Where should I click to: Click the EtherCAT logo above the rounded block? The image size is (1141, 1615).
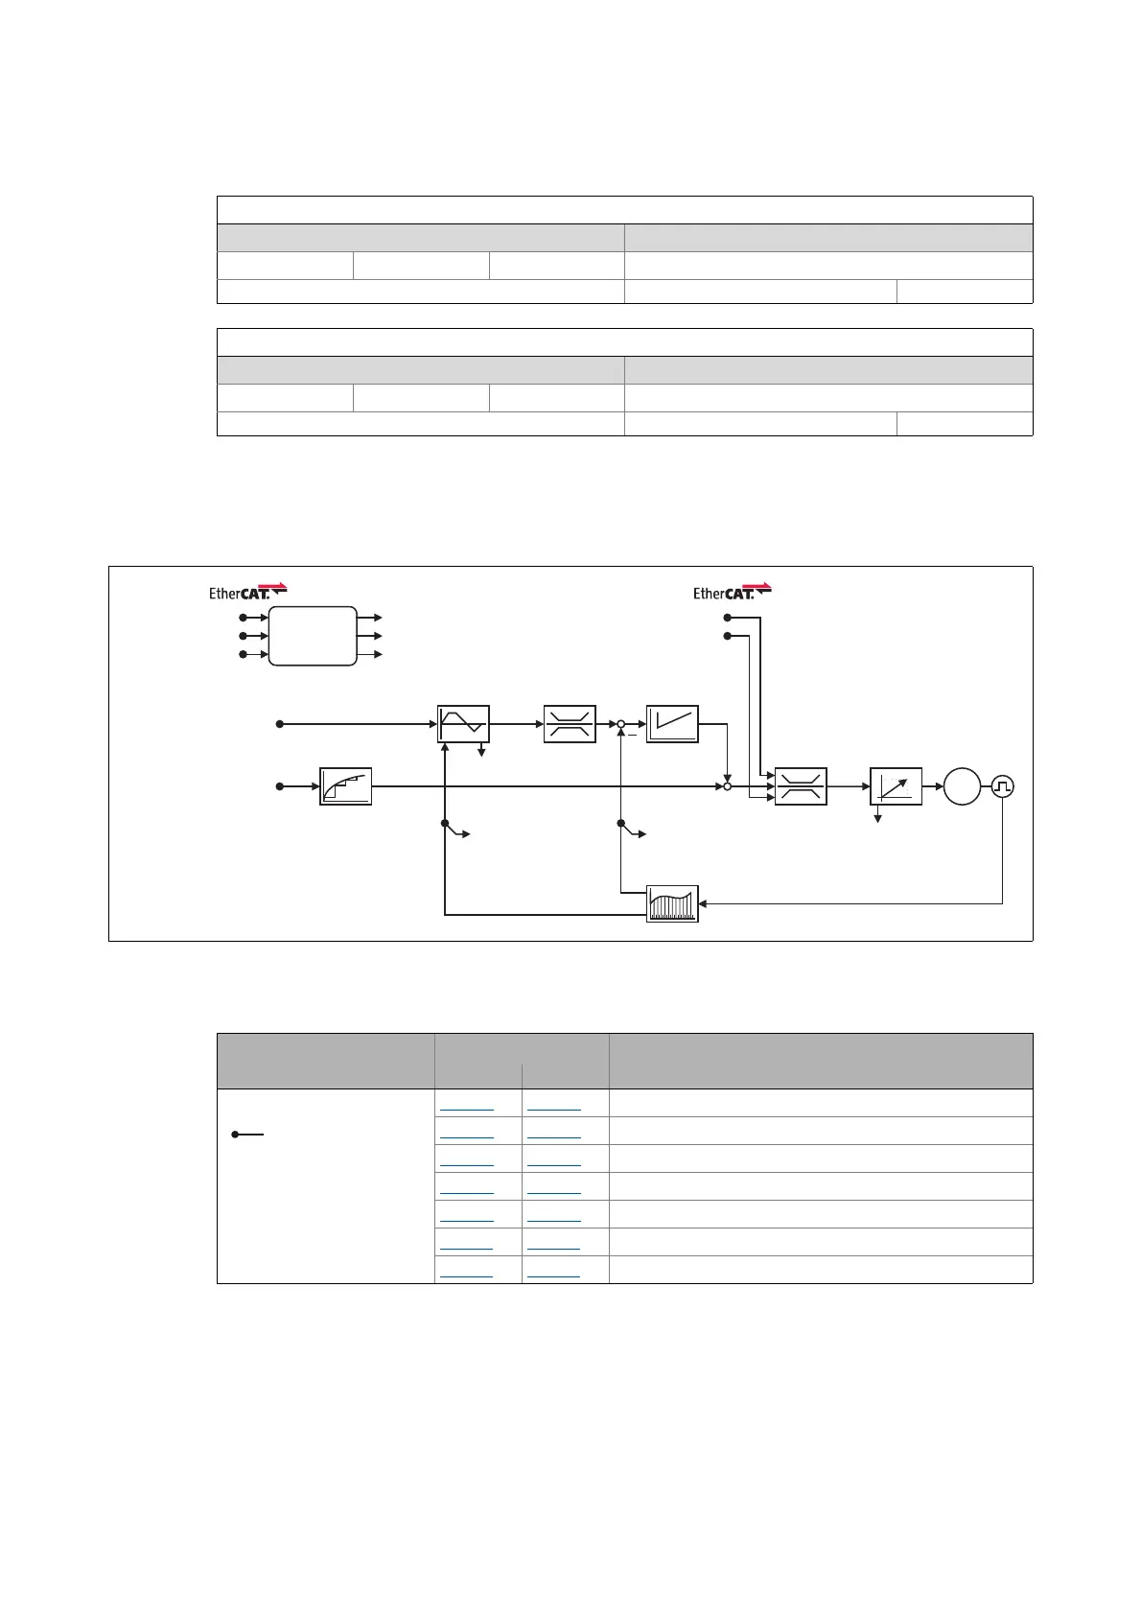coord(247,592)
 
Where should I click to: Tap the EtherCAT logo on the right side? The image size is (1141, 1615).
coord(732,592)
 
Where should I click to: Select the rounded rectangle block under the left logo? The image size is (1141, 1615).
coord(313,636)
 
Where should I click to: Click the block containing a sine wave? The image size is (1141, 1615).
coord(463,724)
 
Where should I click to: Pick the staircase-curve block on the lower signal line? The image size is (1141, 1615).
coord(345,786)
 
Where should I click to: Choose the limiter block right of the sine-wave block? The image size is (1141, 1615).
coord(570,724)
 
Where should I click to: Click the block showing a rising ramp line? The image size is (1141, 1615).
coord(672,724)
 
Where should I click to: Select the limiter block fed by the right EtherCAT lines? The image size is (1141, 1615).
coord(801,786)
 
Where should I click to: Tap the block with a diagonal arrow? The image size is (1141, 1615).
coord(896,786)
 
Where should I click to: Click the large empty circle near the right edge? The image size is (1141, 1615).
coord(962,786)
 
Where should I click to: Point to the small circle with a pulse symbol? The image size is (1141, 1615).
coord(1003,786)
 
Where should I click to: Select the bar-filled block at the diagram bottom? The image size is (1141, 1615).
coord(672,903)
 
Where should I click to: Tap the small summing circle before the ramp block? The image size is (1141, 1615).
coord(621,724)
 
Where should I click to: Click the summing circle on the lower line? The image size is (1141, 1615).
coord(727,786)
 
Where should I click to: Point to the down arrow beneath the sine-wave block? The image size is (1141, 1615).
coord(481,752)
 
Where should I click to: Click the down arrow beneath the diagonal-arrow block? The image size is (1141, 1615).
coord(878,817)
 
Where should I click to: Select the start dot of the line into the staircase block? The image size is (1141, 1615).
coord(280,786)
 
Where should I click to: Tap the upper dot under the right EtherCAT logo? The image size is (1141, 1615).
coord(727,618)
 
